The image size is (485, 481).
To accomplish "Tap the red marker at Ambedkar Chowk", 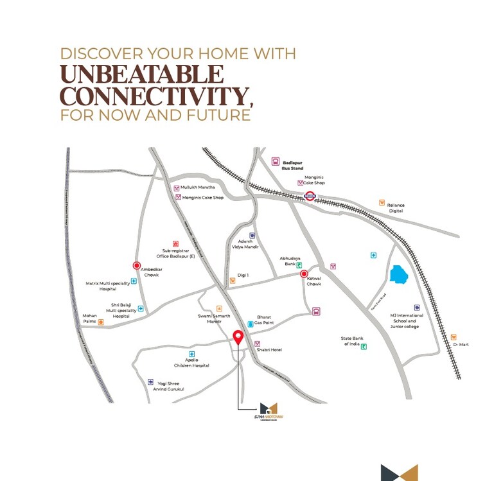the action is pyautogui.click(x=137, y=265).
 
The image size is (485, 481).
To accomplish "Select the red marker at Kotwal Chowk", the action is pyautogui.click(x=305, y=274).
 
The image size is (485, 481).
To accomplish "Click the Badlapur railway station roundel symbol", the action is pyautogui.click(x=310, y=196).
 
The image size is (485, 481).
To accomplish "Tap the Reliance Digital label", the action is pyautogui.click(x=396, y=207).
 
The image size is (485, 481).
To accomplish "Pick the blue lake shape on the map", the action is pyautogui.click(x=398, y=276).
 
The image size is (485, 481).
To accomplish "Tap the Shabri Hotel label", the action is pyautogui.click(x=270, y=350).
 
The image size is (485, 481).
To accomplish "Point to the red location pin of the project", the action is pyautogui.click(x=238, y=337).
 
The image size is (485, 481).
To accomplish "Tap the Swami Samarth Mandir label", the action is pyautogui.click(x=215, y=319).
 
